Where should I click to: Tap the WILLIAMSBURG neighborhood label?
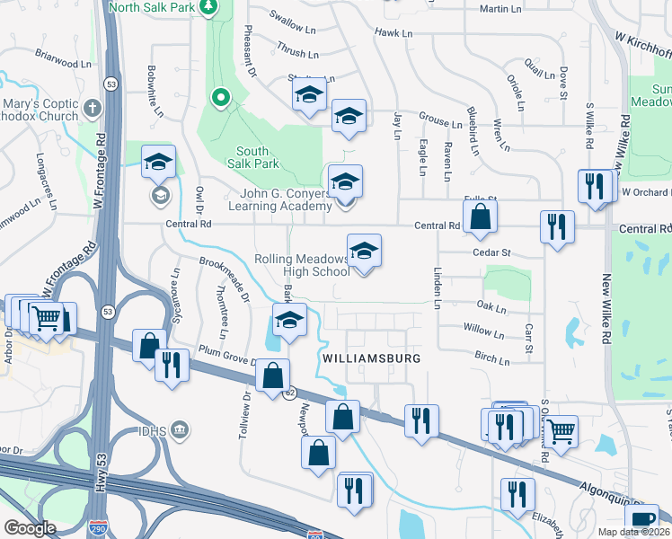371,358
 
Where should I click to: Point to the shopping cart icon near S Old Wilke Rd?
561,431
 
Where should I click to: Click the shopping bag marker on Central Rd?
481,216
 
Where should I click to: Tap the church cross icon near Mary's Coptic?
91,110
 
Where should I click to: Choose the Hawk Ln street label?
393,33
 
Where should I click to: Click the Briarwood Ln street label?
63,64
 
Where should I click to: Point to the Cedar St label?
492,253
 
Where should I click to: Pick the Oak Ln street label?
492,309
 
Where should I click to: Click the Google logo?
29,527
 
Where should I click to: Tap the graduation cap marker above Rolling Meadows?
364,252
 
